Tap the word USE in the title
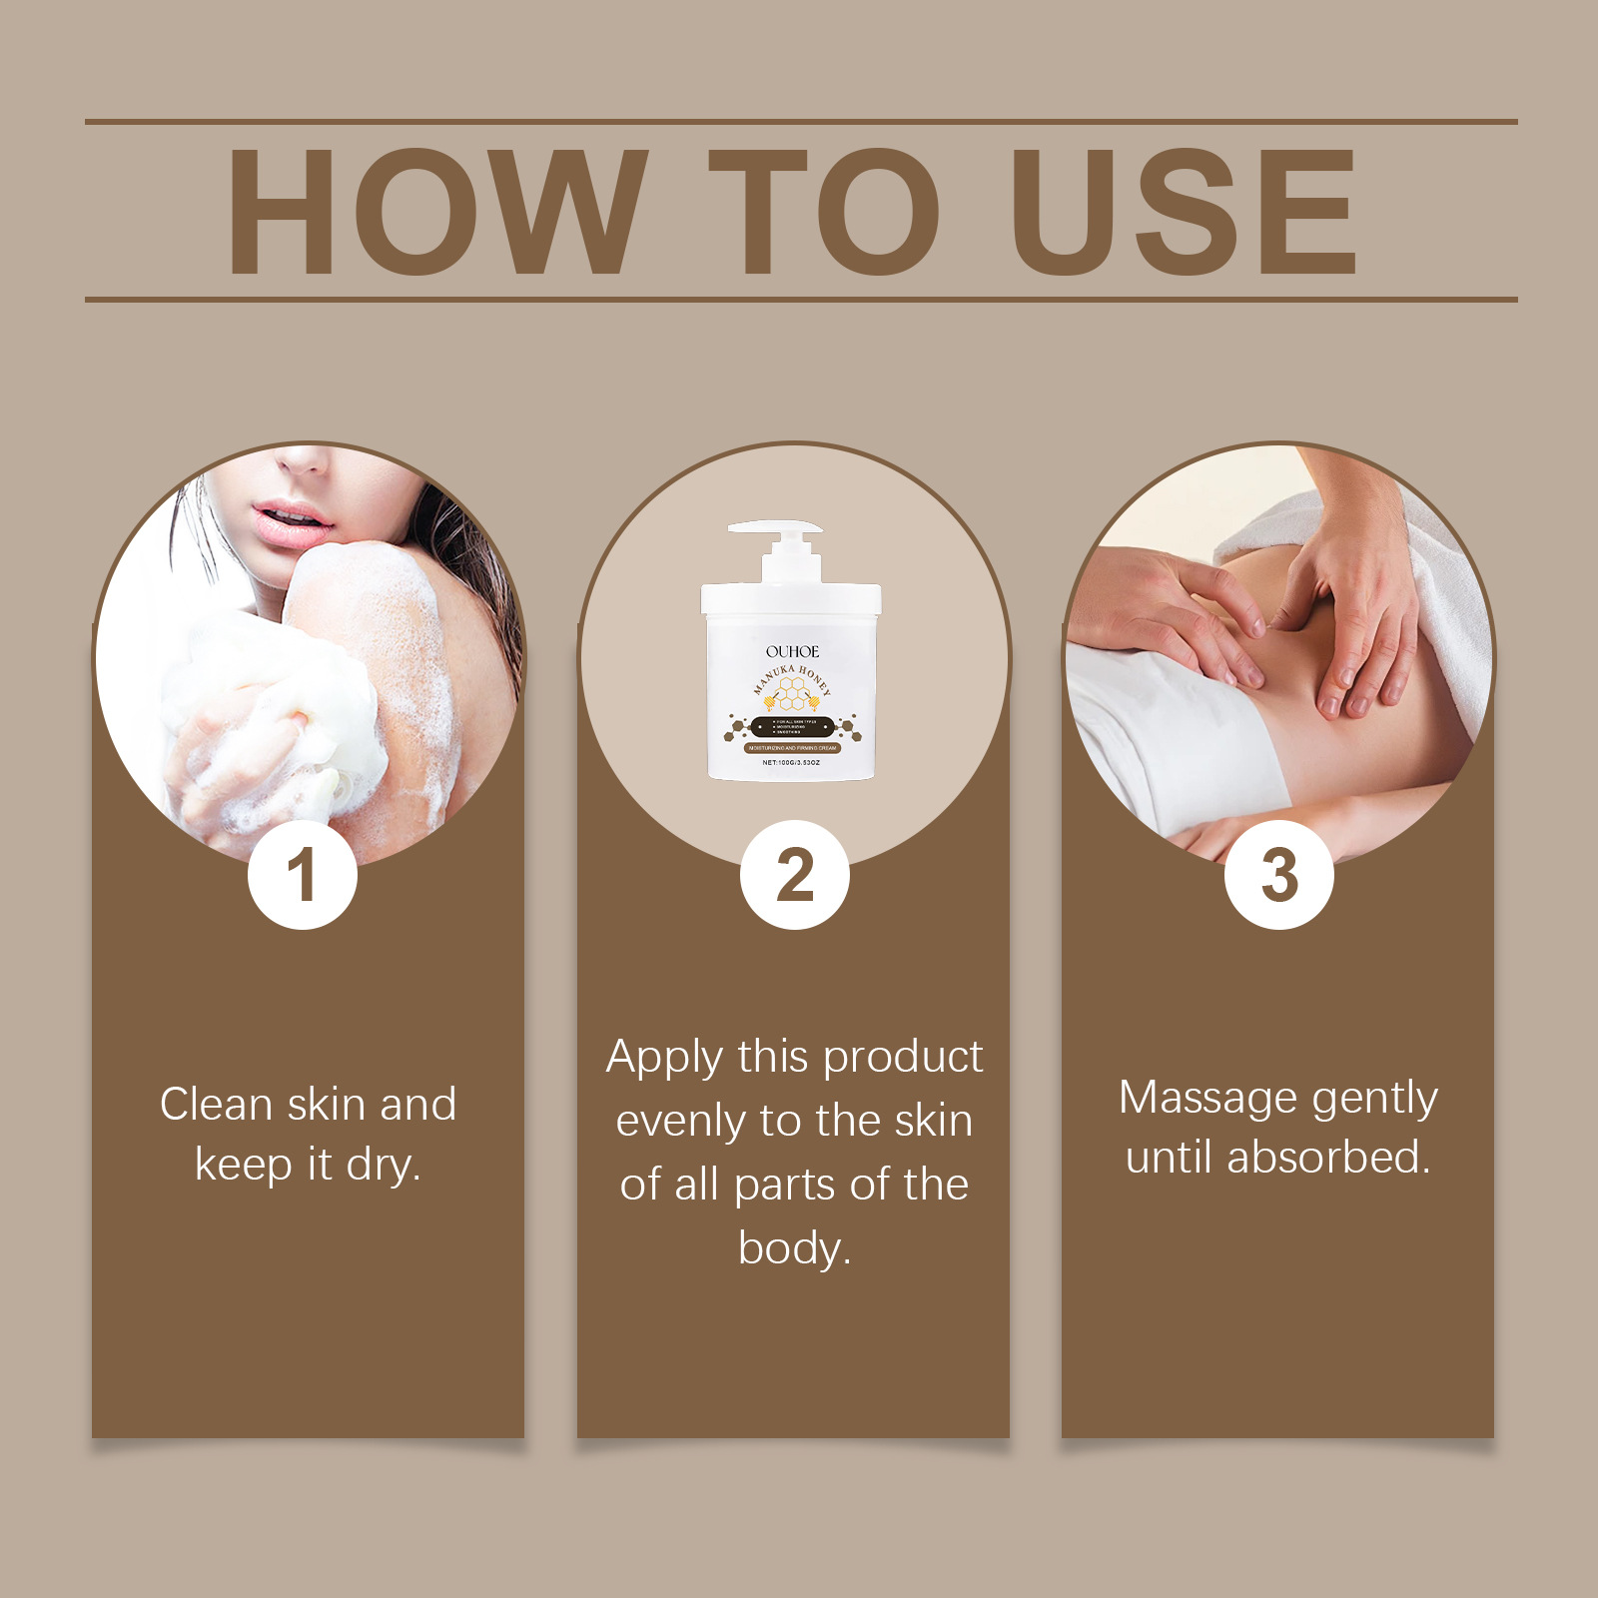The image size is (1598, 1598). (1184, 212)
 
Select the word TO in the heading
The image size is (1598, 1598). (824, 212)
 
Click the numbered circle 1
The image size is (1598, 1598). (303, 876)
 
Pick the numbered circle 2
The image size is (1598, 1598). (795, 876)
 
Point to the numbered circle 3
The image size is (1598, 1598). (1279, 876)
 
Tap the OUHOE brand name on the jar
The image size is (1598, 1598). (792, 651)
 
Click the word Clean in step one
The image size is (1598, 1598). (216, 1105)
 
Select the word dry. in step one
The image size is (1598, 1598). (384, 1166)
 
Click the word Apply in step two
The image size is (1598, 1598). (664, 1059)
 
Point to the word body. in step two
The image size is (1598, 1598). (794, 1248)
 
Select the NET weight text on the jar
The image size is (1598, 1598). (791, 762)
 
